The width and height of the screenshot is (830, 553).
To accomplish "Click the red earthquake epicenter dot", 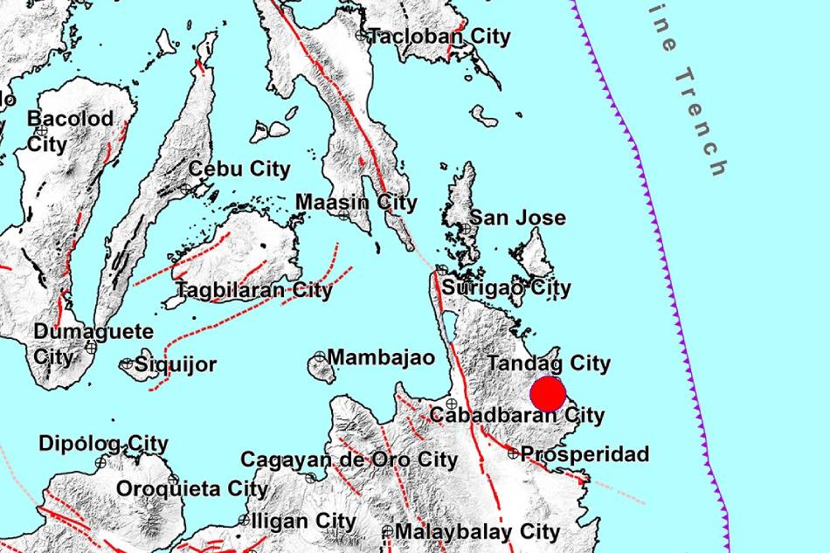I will [x=549, y=394].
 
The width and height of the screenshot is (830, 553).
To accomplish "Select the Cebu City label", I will [x=239, y=169].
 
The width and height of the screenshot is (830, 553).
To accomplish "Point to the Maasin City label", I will [x=356, y=203].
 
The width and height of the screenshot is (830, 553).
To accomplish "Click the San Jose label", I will [x=518, y=218].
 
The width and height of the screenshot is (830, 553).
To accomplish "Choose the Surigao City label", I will [x=507, y=287].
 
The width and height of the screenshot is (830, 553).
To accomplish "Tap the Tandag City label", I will [x=549, y=363].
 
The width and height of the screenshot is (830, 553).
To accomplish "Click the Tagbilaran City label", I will [x=254, y=290].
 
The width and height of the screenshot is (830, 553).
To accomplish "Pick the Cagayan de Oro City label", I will [x=349, y=460].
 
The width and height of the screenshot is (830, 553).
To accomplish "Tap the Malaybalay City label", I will [x=477, y=531].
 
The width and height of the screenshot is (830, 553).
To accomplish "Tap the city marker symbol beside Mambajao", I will [x=320, y=357].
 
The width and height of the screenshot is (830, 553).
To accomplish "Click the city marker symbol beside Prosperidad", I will [x=513, y=453].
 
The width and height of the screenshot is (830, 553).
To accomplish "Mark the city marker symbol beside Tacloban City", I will [x=361, y=36].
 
